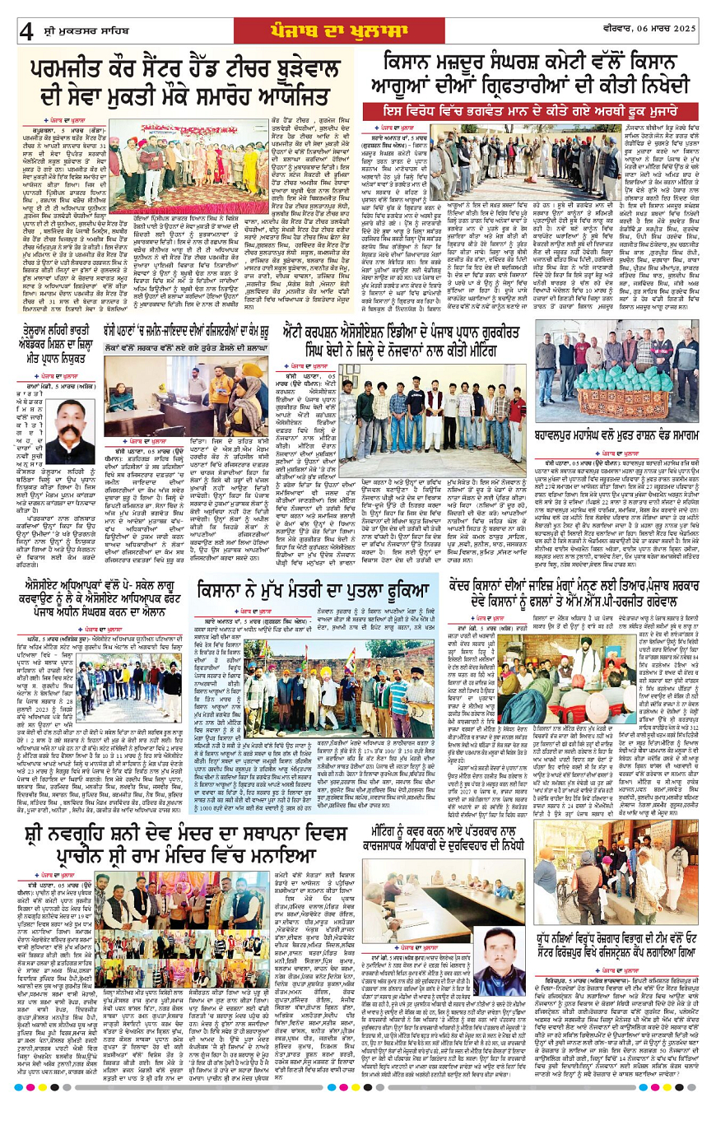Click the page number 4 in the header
[x=26, y=31]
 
